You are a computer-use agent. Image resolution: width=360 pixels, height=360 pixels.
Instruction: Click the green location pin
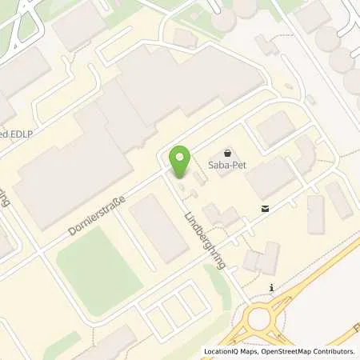(180, 159)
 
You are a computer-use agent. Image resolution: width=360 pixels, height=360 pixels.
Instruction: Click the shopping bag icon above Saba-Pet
(228, 151)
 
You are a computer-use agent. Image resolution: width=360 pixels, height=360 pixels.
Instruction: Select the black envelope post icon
(264, 209)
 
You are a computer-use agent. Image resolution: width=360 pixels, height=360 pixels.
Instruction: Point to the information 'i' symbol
(273, 288)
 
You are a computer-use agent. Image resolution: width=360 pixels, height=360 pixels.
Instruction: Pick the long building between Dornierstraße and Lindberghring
(157, 226)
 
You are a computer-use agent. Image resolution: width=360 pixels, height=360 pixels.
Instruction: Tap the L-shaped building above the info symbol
(263, 258)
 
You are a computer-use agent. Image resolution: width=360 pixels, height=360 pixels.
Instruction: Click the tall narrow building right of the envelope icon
(315, 214)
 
